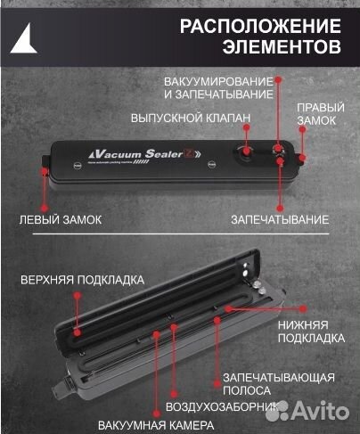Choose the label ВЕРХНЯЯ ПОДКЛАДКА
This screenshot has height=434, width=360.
point(82,279)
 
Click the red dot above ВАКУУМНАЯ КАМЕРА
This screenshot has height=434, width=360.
point(157,334)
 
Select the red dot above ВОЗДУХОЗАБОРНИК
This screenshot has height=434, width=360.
point(175,329)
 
